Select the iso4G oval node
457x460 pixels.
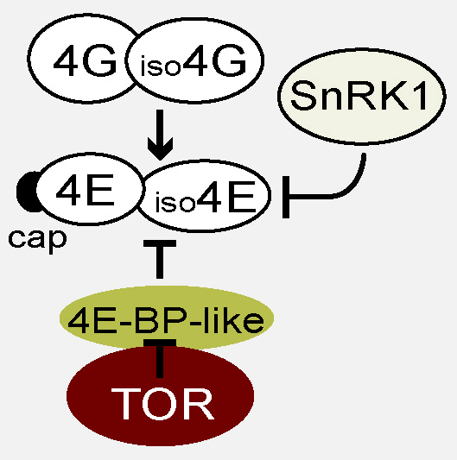coord(194,60)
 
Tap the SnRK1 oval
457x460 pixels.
coord(362,96)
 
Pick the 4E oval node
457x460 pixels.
coord(88,189)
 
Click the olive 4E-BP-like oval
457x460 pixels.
coord(167,318)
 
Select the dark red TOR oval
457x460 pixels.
coord(160,396)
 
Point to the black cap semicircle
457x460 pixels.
coord(26,192)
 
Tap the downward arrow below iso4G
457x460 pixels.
coord(160,135)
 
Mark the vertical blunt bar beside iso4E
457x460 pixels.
coord(286,197)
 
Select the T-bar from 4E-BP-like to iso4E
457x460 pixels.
coord(160,259)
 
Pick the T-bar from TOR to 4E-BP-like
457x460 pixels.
coord(160,358)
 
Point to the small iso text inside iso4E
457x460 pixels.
coord(175,202)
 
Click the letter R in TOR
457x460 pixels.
coord(200,404)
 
